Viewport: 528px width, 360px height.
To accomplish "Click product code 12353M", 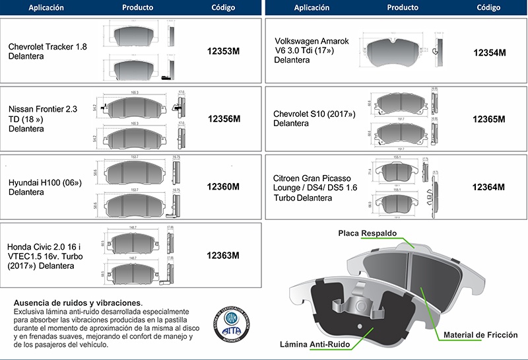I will click(x=223, y=50).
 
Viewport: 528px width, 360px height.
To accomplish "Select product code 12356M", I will click(x=224, y=119).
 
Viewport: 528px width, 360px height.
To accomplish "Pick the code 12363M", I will click(x=223, y=256).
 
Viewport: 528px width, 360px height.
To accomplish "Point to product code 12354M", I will click(x=489, y=52).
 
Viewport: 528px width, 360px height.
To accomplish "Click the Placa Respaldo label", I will click(x=367, y=234).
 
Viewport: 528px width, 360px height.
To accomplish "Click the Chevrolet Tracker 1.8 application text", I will click(x=47, y=52).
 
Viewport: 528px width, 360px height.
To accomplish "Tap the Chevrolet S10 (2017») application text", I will click(x=314, y=119).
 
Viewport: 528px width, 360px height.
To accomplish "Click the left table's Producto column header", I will click(x=137, y=8).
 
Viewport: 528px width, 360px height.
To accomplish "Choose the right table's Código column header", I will click(x=488, y=8).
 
